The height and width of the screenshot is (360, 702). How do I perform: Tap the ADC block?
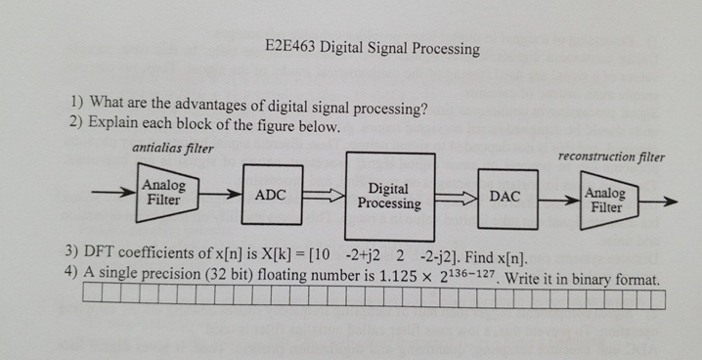click(x=270, y=195)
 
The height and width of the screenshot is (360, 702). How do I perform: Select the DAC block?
click(x=505, y=196)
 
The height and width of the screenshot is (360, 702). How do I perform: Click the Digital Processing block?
click(x=389, y=196)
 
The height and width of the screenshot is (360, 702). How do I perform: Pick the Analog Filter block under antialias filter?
click(x=164, y=192)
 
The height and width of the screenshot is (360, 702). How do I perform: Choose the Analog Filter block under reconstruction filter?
click(x=608, y=200)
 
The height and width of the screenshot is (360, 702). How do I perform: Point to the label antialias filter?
click(x=172, y=148)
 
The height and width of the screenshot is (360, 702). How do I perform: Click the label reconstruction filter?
click(x=611, y=156)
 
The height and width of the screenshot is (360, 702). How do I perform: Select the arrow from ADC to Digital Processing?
click(x=324, y=195)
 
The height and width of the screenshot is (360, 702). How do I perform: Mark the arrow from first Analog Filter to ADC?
click(x=217, y=194)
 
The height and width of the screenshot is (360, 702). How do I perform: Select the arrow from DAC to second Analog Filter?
click(x=554, y=199)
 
